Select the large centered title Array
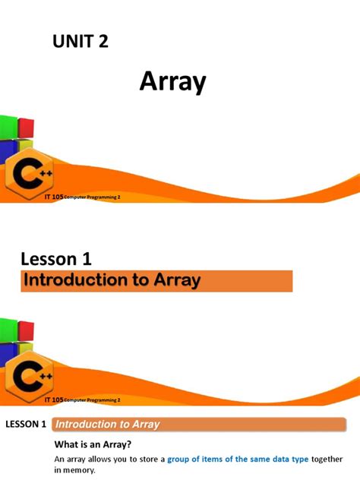(x=172, y=81)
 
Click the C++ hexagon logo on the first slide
(x=30, y=178)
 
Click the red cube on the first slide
(x=25, y=125)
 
